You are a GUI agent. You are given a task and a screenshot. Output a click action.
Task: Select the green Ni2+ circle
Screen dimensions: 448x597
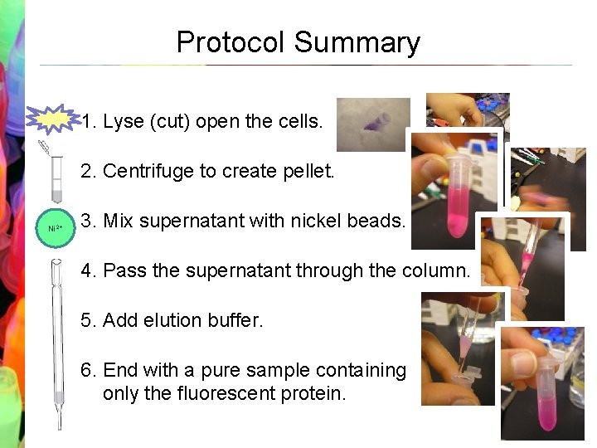(56, 227)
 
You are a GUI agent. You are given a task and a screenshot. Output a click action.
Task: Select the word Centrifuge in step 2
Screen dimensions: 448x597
(148, 172)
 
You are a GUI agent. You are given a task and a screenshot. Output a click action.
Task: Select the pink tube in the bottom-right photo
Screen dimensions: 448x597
(544, 390)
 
